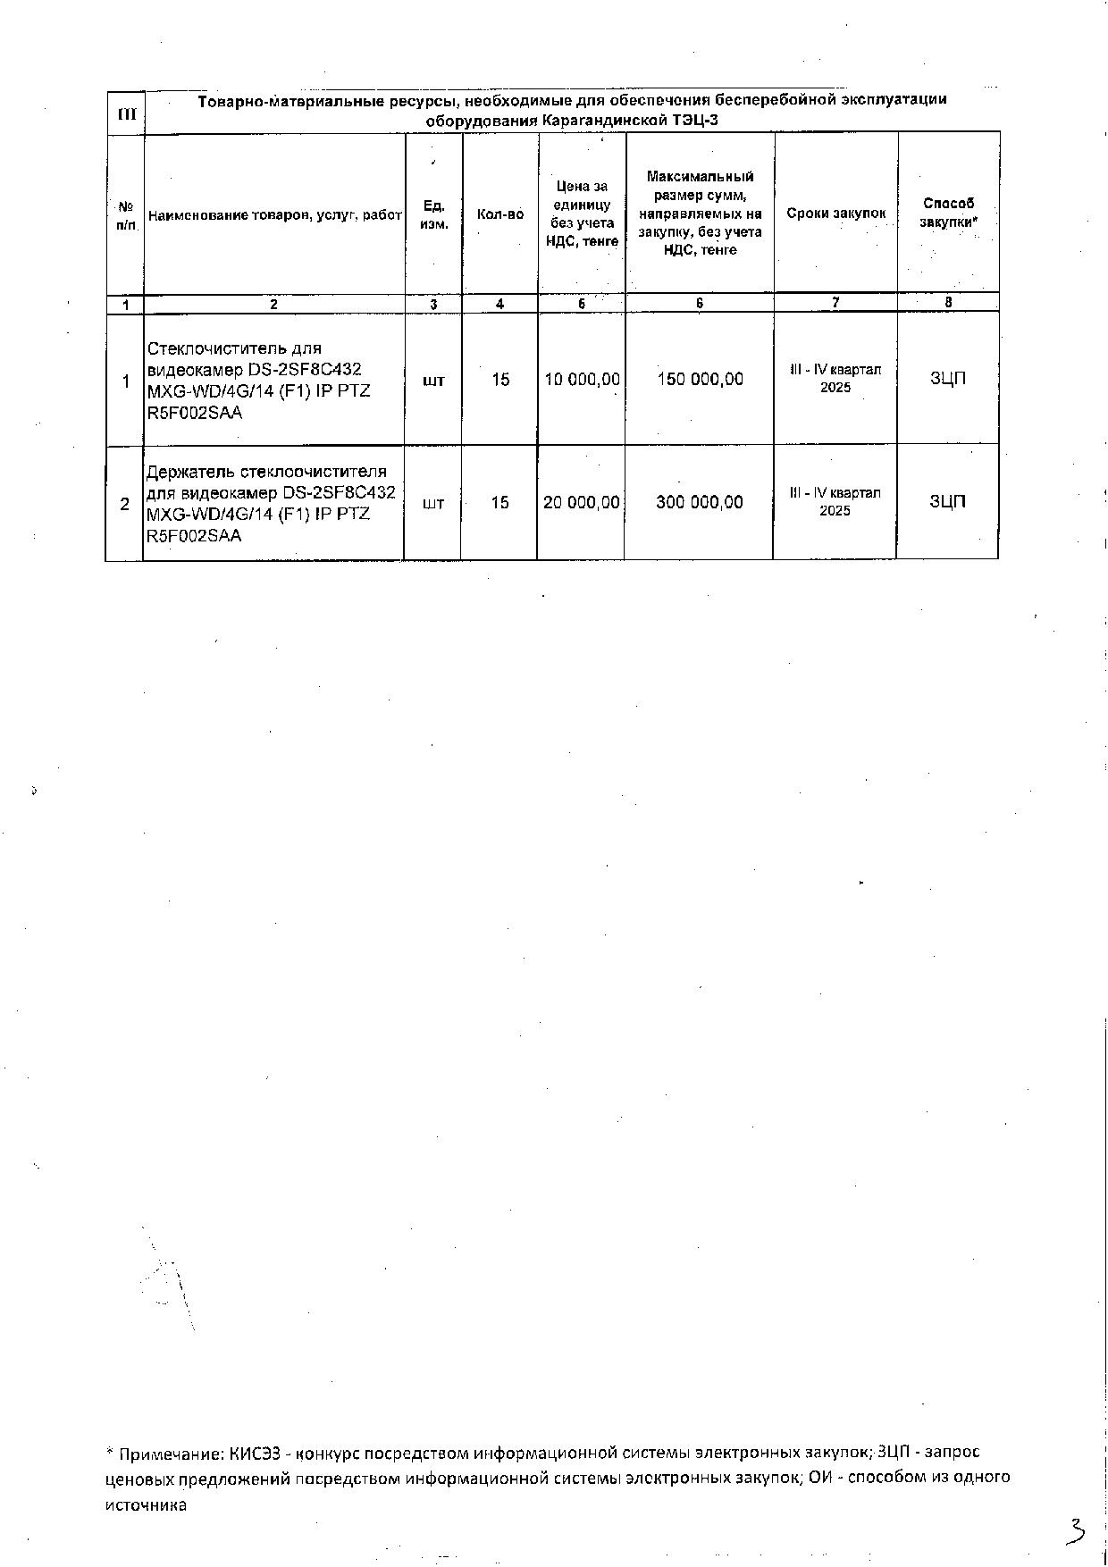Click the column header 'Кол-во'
[499, 214]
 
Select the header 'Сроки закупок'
[835, 214]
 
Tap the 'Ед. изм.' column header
[433, 214]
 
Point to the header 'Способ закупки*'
[948, 213]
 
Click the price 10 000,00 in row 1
[582, 380]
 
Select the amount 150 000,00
[700, 380]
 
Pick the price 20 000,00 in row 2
[581, 502]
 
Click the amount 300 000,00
[699, 502]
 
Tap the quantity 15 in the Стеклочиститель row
[500, 380]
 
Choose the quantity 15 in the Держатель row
[499, 503]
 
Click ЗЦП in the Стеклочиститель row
[948, 379]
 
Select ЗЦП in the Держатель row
[947, 501]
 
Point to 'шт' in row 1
[433, 381]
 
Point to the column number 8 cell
[948, 303]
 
